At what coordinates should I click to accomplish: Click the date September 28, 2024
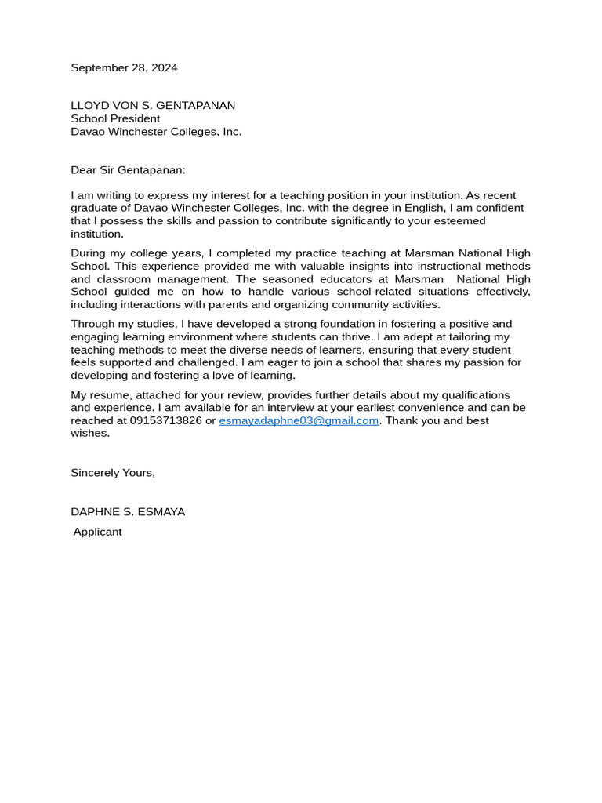[124, 68]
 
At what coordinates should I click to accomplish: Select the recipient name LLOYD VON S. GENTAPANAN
[153, 106]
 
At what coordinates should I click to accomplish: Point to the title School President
[115, 118]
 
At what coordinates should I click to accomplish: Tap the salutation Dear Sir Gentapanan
[128, 170]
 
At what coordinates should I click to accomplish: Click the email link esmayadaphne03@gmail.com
[299, 421]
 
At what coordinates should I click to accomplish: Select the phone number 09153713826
[165, 421]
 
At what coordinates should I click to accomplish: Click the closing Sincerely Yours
[113, 473]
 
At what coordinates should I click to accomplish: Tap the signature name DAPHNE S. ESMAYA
[128, 512]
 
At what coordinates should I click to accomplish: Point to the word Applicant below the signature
[97, 532]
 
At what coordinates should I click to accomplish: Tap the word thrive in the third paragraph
[364, 337]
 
